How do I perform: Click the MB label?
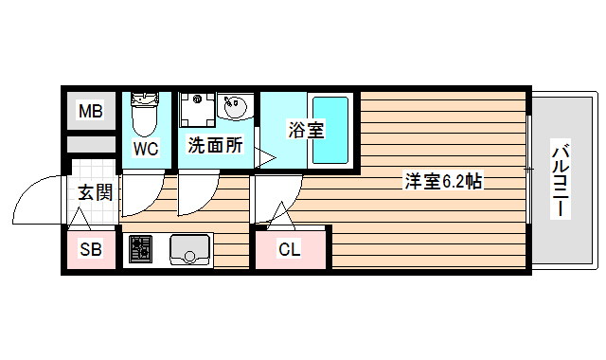90,113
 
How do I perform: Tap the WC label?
145,148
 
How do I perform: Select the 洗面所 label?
214,146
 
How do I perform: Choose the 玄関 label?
95,193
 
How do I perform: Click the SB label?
90,251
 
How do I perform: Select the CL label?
290,250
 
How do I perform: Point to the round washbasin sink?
235,106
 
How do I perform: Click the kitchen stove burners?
140,249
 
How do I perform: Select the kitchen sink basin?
189,249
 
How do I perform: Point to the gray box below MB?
90,147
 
